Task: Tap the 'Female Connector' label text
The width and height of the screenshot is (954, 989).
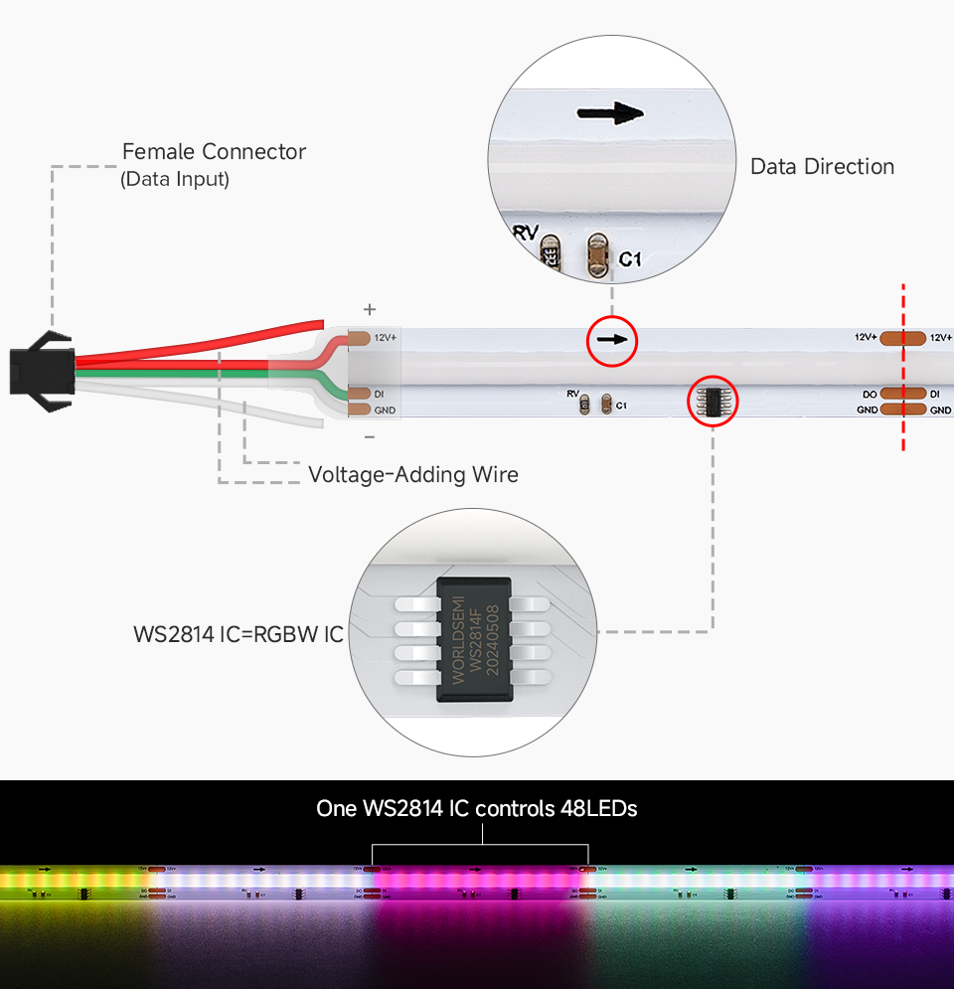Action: [214, 152]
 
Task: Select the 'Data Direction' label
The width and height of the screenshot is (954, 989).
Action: [822, 167]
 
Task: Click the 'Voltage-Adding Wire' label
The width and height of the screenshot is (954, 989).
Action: [413, 475]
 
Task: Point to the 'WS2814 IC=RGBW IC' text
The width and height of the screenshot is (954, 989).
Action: [238, 634]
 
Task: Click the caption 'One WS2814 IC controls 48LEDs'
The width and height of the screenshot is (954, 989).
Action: [477, 809]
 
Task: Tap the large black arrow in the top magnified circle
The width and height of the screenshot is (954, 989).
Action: [610, 113]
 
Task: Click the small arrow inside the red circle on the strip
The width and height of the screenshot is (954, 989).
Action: [612, 340]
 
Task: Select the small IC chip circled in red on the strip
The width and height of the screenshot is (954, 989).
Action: [714, 401]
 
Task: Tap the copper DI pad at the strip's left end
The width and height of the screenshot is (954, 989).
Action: [359, 395]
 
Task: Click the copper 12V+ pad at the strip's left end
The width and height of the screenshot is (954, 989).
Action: [359, 338]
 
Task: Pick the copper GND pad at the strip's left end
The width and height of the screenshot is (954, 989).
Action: [359, 410]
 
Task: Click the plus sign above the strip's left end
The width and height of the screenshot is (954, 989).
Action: [370, 309]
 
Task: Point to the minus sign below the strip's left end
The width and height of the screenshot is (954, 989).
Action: [370, 436]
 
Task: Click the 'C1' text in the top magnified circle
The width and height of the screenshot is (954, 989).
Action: [630, 259]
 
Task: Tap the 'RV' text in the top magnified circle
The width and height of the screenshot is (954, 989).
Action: [526, 234]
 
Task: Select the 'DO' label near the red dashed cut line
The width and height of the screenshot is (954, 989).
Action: [870, 395]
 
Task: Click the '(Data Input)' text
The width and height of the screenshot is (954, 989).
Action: [175, 180]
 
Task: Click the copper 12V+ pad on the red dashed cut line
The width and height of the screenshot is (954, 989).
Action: [903, 338]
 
